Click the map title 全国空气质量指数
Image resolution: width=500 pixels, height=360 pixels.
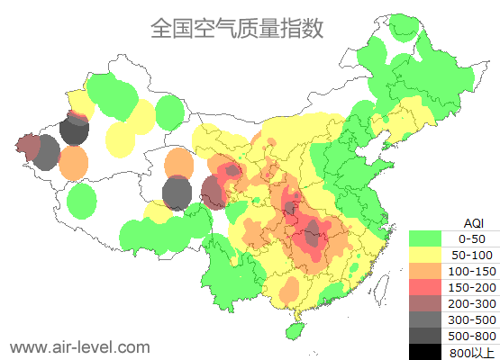237,29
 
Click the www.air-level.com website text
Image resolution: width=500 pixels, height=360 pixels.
79,346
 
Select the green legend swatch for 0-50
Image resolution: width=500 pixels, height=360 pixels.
425,238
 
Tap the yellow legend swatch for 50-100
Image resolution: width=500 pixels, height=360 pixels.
425,255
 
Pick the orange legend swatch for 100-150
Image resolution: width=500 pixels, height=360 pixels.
425,271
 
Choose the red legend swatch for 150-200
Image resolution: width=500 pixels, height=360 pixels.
425,287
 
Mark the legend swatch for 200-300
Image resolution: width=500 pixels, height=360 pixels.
425,303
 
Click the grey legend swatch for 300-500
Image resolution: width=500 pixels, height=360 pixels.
425,319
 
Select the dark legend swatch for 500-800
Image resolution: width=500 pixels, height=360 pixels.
425,336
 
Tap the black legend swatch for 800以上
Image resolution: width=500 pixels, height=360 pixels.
425,352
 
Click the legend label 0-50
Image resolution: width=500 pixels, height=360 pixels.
472,238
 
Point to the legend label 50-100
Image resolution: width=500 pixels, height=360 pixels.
472,255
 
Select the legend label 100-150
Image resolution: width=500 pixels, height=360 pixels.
472,271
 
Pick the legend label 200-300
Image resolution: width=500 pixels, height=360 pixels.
472,303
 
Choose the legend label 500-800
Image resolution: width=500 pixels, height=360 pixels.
472,336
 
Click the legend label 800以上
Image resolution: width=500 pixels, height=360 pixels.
472,352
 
